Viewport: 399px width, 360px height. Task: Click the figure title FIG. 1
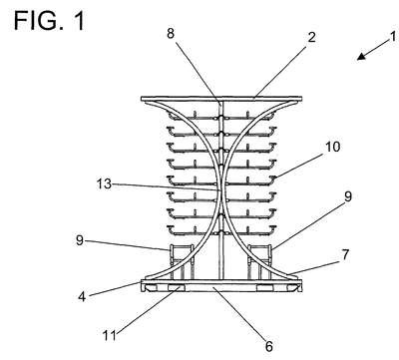[x=49, y=21]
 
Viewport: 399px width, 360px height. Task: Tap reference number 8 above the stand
[x=171, y=33]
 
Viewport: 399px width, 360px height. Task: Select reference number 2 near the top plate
[x=311, y=37]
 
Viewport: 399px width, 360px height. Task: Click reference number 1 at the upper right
[x=393, y=36]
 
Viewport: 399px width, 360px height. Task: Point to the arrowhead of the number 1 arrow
[x=361, y=57]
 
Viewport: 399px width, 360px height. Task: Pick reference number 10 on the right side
[x=332, y=147]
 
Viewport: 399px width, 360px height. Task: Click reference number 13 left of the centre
[x=104, y=183]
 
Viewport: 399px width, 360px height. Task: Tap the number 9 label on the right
[x=348, y=196]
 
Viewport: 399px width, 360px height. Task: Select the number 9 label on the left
[x=80, y=240]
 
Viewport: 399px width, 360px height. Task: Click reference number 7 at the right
[x=345, y=255]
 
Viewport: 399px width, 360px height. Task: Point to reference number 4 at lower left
[x=82, y=296]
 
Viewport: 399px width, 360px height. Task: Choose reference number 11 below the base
[x=110, y=335]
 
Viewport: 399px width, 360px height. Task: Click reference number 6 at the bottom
[x=269, y=346]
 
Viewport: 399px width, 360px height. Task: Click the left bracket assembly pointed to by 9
[x=182, y=261]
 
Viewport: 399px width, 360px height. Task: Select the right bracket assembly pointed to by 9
[x=259, y=261]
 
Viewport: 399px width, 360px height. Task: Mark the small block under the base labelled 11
[x=176, y=288]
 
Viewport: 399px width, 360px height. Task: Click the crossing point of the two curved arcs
[x=221, y=190]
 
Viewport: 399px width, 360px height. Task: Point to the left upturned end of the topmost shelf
[x=171, y=116]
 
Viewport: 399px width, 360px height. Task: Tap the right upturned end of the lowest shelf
[x=273, y=229]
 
